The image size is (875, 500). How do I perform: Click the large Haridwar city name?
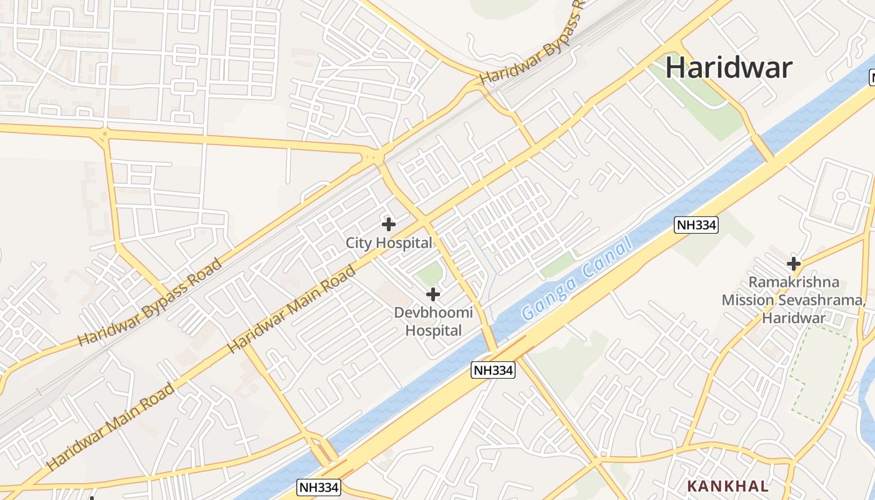coord(728,67)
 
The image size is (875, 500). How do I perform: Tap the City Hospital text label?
coord(389,243)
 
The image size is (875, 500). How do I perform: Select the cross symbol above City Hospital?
coord(389,224)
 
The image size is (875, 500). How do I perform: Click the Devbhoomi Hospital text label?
coord(433,321)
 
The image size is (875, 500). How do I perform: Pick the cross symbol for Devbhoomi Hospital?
coord(432,294)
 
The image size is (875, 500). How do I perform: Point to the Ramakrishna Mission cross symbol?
coord(794,263)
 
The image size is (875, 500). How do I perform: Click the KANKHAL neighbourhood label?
coord(727,486)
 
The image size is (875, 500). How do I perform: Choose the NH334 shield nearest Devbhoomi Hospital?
coord(493,370)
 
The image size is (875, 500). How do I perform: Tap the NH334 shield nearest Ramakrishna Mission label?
coord(696,225)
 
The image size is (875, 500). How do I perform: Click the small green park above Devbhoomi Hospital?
coord(429,274)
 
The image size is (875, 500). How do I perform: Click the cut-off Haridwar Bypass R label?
coord(532,43)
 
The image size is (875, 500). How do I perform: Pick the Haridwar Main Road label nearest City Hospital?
coord(292,309)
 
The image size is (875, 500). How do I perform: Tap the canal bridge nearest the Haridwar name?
coord(763,148)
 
